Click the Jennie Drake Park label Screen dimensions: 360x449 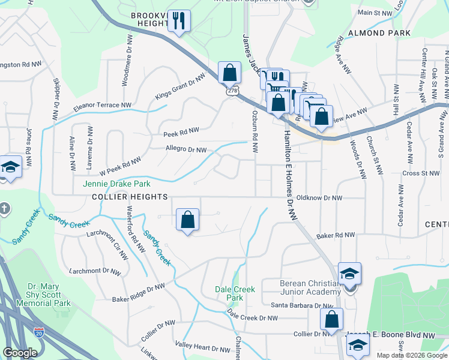117,184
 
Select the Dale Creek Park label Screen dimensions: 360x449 235,293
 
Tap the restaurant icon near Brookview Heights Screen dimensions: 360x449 178,22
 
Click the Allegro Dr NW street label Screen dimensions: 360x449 186,150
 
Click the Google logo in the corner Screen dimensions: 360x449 20,353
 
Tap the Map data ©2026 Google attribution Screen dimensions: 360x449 412,355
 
